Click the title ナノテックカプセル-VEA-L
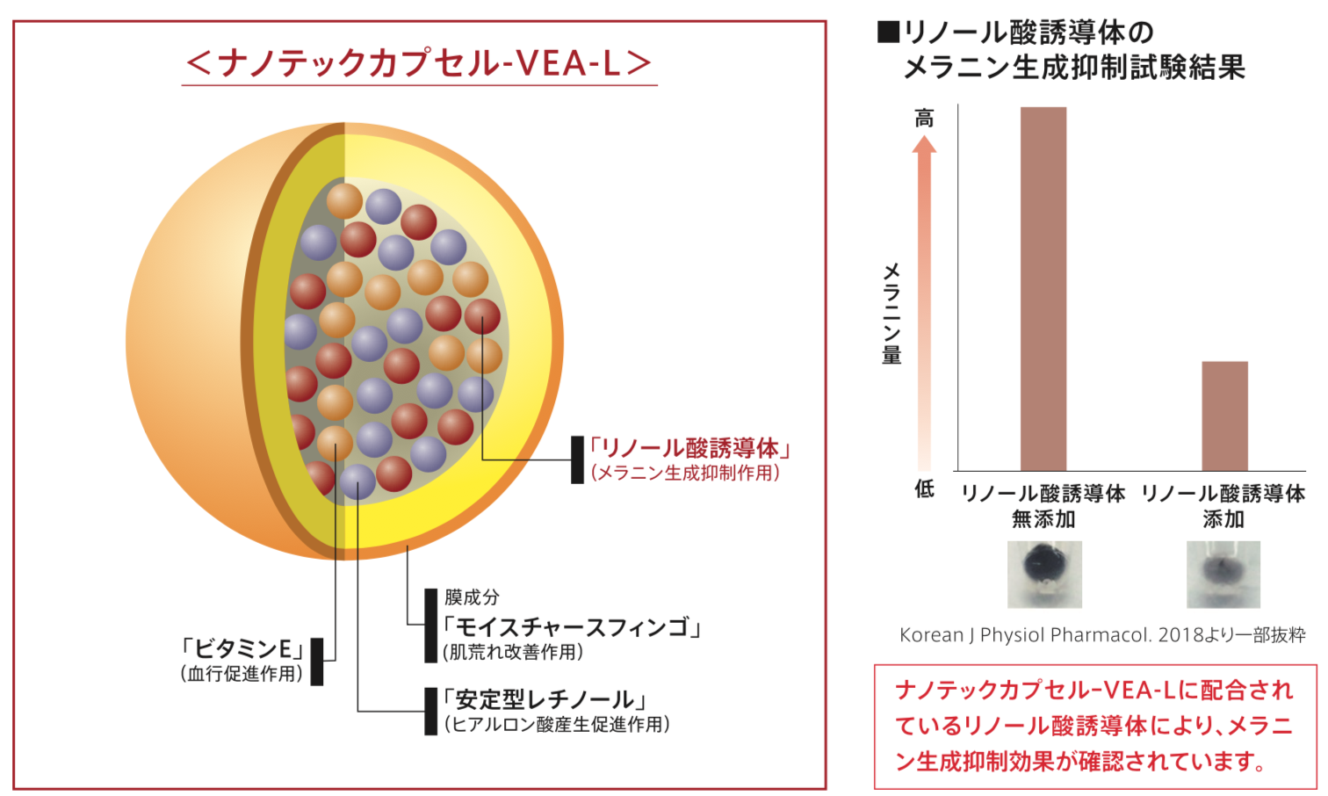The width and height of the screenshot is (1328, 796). (x=420, y=63)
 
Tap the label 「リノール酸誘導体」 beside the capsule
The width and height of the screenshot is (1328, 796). (x=689, y=448)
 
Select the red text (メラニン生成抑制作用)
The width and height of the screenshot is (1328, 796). (x=685, y=473)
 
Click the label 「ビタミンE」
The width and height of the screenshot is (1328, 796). (x=242, y=649)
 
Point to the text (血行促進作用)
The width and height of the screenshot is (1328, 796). (x=242, y=674)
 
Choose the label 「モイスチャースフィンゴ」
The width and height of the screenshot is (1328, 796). (x=572, y=627)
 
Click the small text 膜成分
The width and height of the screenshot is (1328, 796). (x=472, y=597)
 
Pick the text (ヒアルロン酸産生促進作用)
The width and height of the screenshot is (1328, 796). (x=557, y=724)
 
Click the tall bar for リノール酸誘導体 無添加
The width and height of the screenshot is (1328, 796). (x=1043, y=289)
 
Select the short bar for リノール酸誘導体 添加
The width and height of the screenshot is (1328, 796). (x=1225, y=416)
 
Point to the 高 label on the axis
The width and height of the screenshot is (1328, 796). (x=924, y=118)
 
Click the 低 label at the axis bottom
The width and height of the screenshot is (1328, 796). (x=924, y=488)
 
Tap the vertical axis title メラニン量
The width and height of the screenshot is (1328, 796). (x=891, y=313)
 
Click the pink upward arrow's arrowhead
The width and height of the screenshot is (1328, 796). (x=924, y=144)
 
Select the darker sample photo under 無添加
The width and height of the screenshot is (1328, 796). (x=1044, y=575)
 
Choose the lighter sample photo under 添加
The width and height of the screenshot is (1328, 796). (x=1223, y=575)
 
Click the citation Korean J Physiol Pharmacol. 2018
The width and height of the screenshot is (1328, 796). (x=1046, y=635)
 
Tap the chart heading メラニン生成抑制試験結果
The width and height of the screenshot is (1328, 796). (x=1073, y=67)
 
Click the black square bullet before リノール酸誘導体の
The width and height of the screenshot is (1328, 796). (x=888, y=32)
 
